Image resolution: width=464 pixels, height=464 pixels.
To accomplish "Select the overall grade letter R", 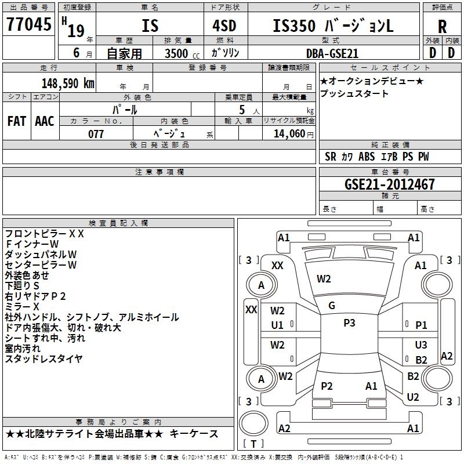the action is tap(442, 26).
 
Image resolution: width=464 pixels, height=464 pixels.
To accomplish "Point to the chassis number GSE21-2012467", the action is tap(389, 184).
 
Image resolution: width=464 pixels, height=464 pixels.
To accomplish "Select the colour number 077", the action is tap(96, 134).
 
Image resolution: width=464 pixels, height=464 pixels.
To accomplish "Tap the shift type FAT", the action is tap(16, 121).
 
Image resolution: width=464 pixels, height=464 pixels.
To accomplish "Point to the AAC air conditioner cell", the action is tap(44, 121).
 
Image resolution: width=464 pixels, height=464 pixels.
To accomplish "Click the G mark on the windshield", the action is tap(332, 306).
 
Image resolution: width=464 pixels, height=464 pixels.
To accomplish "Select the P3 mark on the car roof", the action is tap(349, 323).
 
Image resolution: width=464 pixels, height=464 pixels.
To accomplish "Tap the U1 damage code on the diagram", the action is tap(277, 325).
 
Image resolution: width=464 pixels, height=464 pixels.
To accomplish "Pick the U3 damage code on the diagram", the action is tap(421, 345).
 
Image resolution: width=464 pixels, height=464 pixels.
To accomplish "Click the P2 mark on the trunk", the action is tap(327, 386).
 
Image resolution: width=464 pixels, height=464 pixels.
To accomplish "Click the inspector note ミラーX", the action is tap(22, 306).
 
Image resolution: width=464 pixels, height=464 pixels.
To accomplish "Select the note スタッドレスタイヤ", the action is tap(43, 358).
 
